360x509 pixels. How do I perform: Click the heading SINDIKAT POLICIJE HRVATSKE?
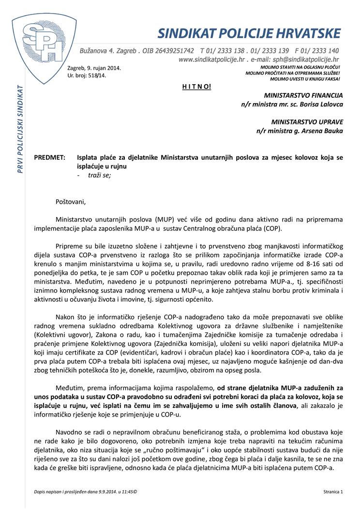[249, 33]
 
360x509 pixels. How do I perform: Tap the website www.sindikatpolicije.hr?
[217, 60]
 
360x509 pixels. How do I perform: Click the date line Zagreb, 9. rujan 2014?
[94, 68]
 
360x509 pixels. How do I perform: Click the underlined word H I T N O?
[197, 87]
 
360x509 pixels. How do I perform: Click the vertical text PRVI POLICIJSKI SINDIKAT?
[20, 130]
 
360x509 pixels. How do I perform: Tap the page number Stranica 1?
[333, 492]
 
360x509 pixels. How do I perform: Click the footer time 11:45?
[126, 492]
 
